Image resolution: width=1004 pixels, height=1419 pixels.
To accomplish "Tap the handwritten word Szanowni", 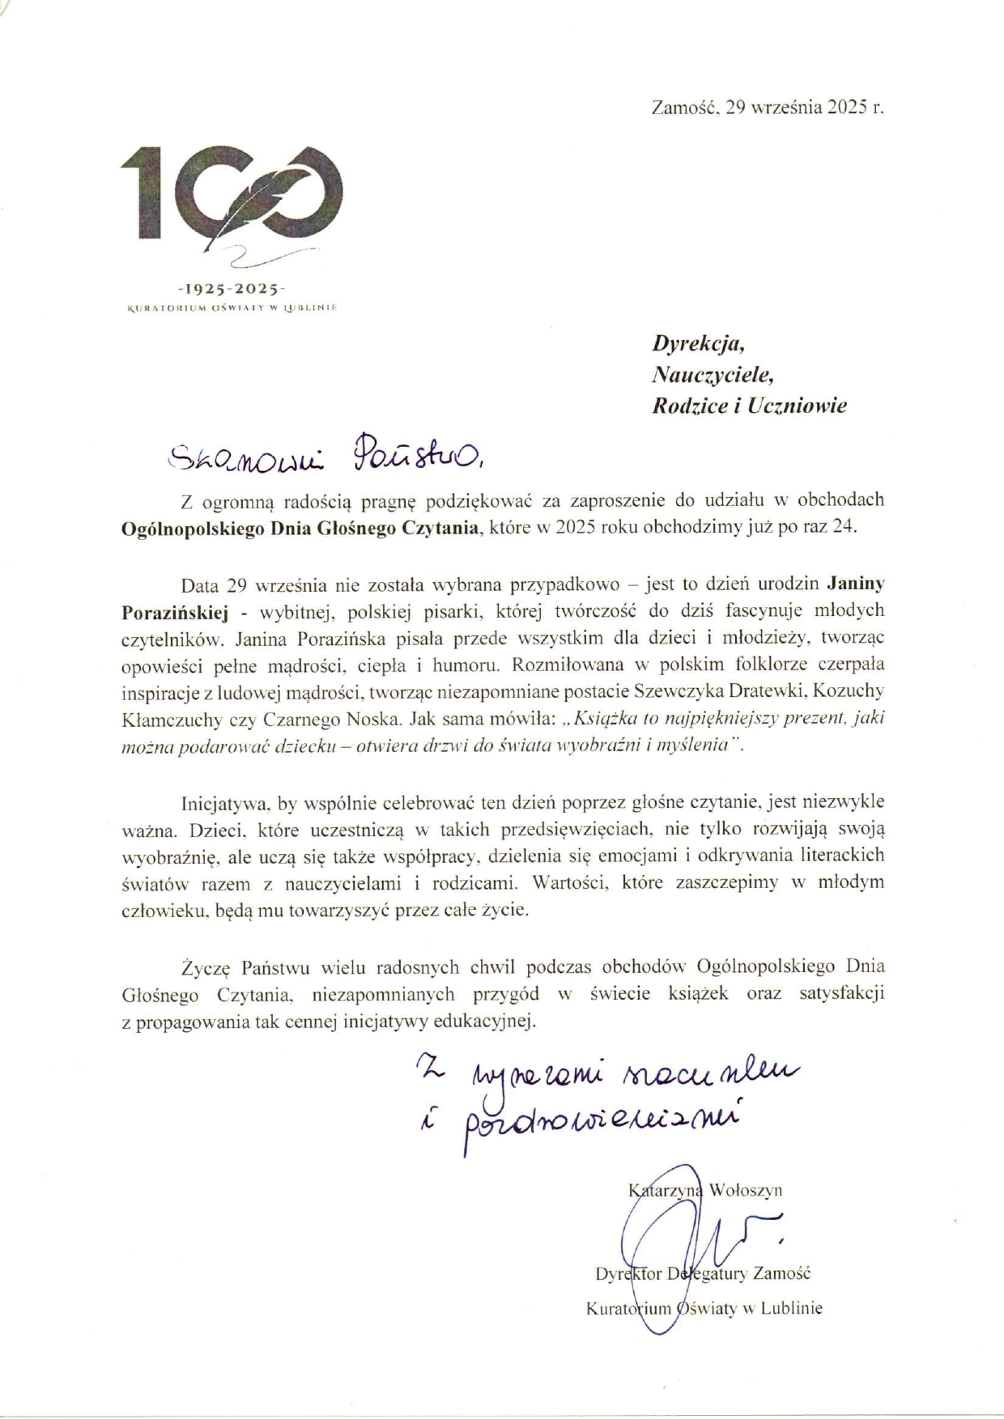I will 244,457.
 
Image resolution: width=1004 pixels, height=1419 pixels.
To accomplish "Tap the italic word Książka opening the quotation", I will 602,720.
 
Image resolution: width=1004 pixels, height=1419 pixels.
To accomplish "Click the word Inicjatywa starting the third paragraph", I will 226,803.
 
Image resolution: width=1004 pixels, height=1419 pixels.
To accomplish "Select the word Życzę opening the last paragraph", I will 206,967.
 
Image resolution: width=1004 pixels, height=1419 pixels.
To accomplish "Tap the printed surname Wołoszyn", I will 746,1190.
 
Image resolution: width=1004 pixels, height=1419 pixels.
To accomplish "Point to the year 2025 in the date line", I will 847,107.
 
